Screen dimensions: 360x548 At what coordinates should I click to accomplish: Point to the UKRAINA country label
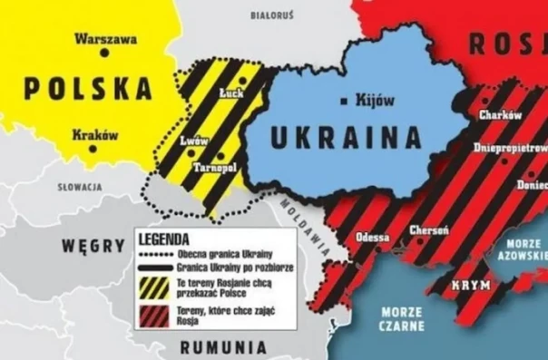(347, 138)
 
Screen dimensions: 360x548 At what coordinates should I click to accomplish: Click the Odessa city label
(373, 236)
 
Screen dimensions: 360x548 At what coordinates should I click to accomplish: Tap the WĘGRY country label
(93, 245)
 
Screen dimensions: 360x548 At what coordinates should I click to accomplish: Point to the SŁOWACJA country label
(77, 187)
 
